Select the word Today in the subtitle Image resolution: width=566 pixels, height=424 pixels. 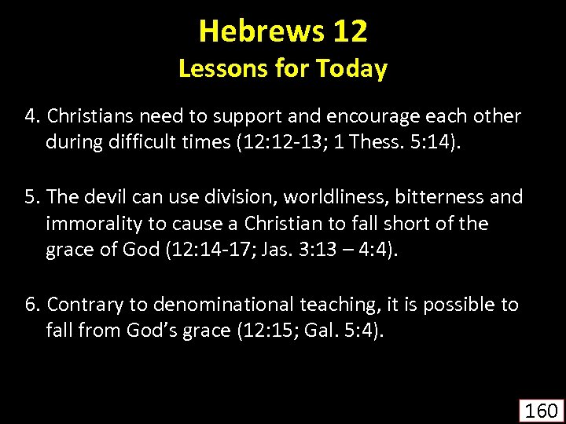(351, 69)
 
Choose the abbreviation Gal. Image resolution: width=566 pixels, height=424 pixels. (314, 331)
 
